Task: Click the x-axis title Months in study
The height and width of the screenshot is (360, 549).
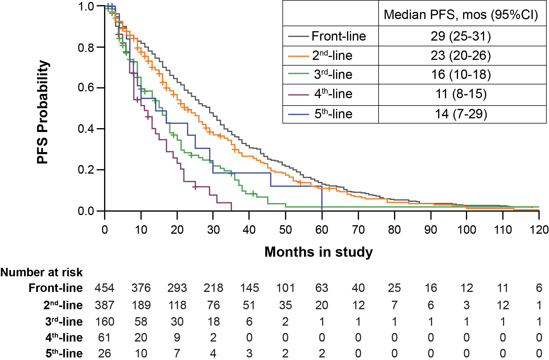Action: coord(318,252)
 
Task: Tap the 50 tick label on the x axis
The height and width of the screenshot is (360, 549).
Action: coord(285,230)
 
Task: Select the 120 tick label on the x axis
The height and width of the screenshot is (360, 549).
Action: coord(539,230)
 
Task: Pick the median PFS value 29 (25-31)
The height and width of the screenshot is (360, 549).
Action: coord(461,36)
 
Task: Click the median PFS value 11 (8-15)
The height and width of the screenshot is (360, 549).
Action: coord(461,94)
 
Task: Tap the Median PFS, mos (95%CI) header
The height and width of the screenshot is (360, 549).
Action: coord(461,14)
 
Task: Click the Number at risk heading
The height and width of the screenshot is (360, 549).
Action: coord(41,272)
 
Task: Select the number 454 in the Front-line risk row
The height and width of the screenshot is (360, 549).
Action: coord(104,288)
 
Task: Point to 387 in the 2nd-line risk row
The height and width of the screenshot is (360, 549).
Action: coord(104,305)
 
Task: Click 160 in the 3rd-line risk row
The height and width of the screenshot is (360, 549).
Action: coord(104,322)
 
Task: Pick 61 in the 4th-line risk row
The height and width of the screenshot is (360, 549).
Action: coord(104,338)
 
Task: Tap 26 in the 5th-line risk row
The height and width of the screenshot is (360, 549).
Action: coord(104,353)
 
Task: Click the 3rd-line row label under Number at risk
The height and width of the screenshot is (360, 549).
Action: coord(64,322)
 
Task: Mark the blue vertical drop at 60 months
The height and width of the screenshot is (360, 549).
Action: coord(322,199)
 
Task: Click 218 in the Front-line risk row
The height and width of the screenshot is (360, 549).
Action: coord(213,288)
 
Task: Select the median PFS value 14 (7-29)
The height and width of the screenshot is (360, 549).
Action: coord(461,114)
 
